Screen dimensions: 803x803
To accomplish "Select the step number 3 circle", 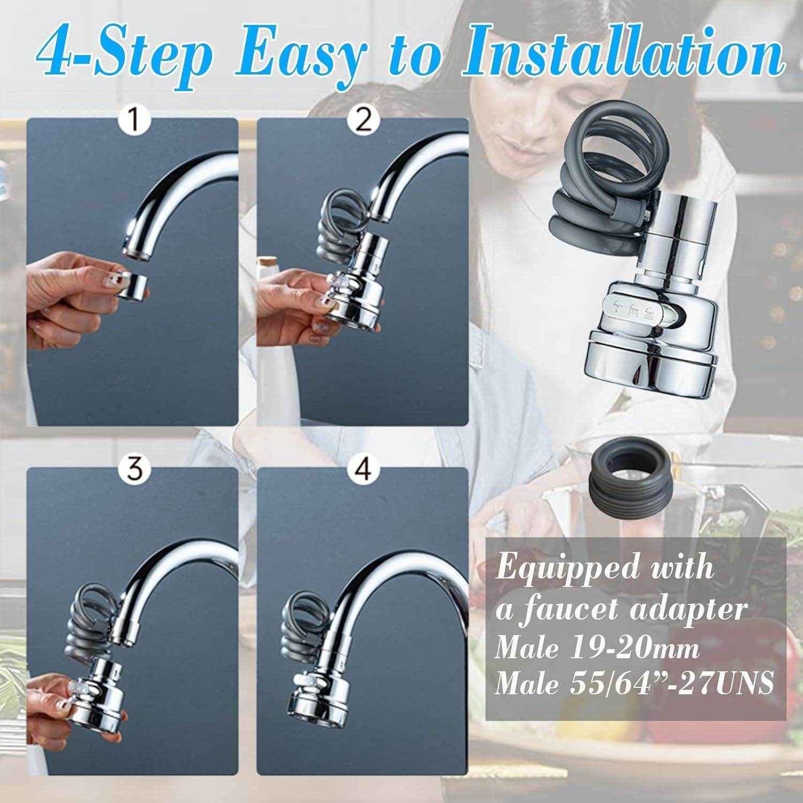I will [x=133, y=471].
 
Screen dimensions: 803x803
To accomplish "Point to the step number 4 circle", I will [x=363, y=471].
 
